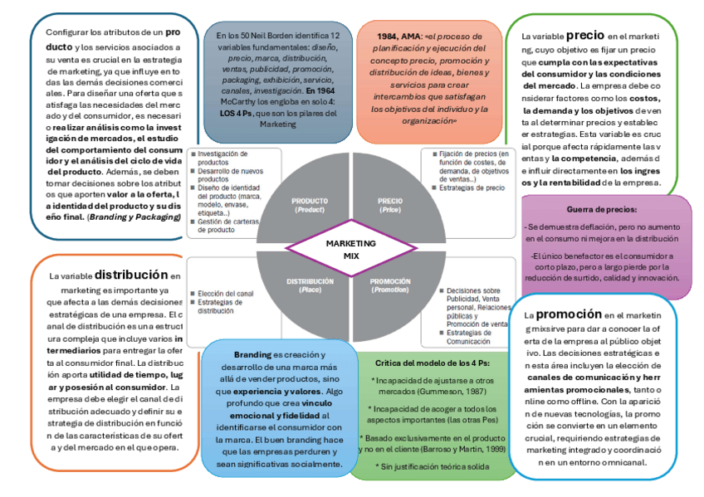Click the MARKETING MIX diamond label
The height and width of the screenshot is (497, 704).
tap(351, 250)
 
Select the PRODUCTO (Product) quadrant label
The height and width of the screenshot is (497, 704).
tap(310, 205)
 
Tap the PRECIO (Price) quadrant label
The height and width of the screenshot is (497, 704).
tap(389, 205)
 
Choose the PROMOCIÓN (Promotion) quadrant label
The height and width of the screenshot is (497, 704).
tap(389, 285)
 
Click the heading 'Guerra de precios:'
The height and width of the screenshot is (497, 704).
tap(603, 210)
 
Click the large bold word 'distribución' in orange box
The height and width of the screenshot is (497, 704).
tap(130, 274)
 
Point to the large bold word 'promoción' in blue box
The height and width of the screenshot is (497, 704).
tap(568, 314)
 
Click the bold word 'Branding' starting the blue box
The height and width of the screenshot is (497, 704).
tap(252, 354)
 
